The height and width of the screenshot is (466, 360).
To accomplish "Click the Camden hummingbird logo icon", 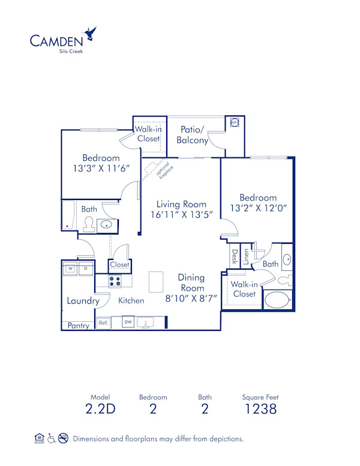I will point(92,33).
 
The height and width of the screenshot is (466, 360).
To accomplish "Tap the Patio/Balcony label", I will point(193,135).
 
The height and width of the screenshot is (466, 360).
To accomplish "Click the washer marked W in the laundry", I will point(70,268).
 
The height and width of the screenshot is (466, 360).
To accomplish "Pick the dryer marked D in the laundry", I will point(86,268).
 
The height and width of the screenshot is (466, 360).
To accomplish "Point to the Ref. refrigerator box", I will point(103,323).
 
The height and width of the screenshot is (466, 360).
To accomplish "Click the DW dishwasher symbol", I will point(128,322).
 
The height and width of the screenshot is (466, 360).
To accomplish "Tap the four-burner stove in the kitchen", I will point(115,280).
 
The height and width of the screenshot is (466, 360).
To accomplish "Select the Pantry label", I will point(78,325).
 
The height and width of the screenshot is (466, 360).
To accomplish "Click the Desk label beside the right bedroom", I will point(235,257).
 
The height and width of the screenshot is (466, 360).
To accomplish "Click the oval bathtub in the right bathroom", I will point(277,299).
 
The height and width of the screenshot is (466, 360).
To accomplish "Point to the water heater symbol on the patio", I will point(235,123).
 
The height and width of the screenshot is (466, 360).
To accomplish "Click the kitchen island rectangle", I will point(156,280).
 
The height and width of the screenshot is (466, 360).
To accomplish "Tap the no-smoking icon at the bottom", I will point(63,438).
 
